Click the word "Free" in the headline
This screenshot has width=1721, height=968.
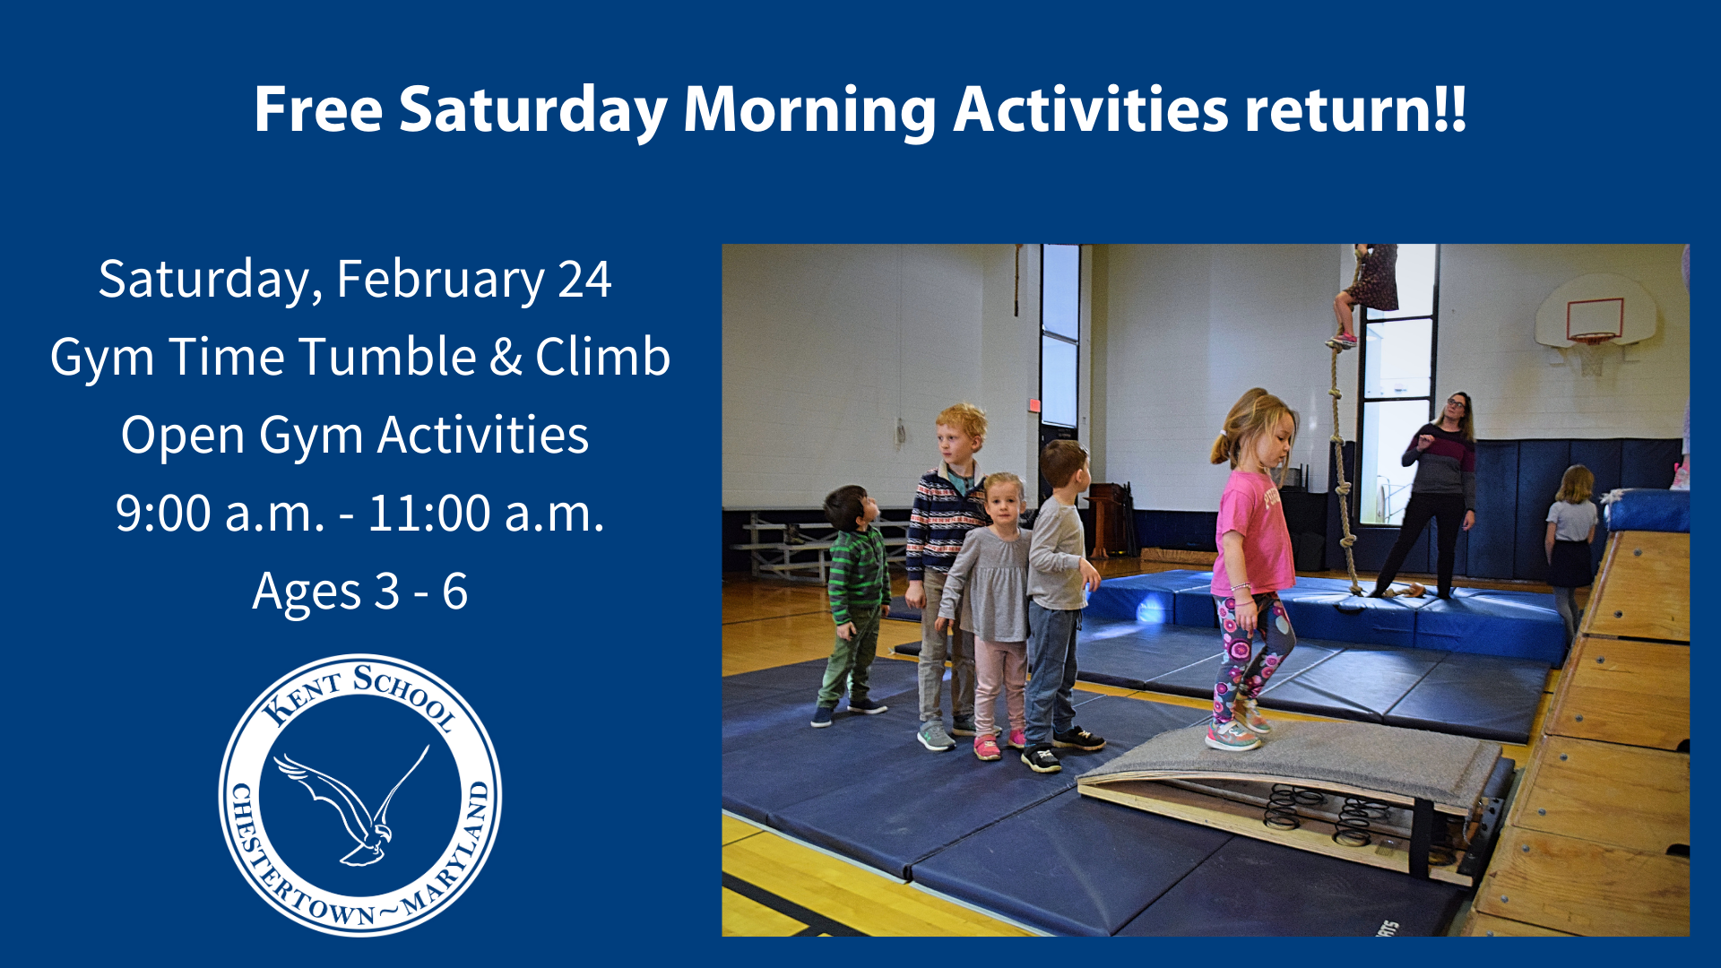coord(318,109)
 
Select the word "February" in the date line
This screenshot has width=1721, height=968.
coord(440,280)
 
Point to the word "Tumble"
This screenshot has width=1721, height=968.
coord(386,357)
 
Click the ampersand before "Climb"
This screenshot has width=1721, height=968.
coord(506,358)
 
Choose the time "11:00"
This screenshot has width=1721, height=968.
coord(429,514)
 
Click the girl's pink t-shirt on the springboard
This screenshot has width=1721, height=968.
coord(1255,532)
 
